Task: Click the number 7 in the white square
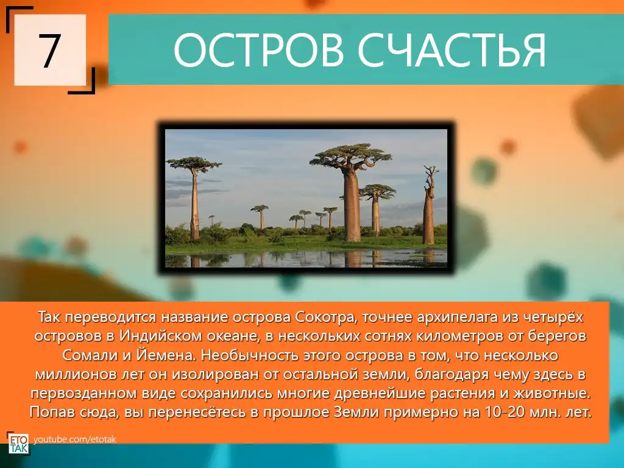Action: coord(50,50)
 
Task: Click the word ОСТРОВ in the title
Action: coord(258,50)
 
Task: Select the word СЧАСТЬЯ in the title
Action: coord(452,50)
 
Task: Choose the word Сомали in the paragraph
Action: coord(90,355)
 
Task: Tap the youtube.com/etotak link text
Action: coord(75,439)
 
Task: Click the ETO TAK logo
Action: coord(18,443)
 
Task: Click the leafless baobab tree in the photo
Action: coord(429,205)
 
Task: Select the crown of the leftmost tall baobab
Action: coord(194,163)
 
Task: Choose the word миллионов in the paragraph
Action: coord(76,374)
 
